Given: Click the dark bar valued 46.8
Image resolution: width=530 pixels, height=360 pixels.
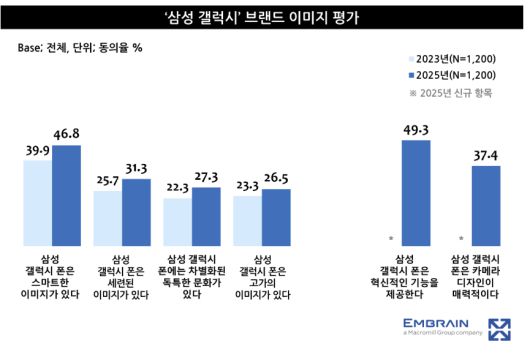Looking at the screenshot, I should pos(66,194).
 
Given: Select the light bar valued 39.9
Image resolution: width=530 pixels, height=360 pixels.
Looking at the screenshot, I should pos(37,201).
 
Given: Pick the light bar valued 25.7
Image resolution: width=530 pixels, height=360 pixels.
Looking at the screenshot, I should pos(107,216).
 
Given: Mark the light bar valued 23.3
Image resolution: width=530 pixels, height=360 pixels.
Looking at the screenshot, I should pos(247,219).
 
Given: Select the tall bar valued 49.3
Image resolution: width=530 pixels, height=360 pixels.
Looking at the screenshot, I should pos(416,191).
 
